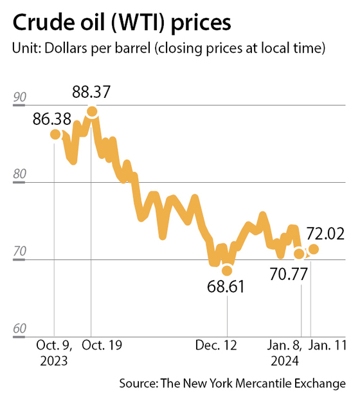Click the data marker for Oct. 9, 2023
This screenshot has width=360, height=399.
[55, 134]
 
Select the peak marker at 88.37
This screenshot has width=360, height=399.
[92, 111]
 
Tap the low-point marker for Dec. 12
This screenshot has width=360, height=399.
[227, 270]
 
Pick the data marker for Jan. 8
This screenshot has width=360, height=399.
[299, 254]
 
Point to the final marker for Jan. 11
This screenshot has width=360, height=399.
[314, 249]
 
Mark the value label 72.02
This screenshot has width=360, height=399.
[325, 232]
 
